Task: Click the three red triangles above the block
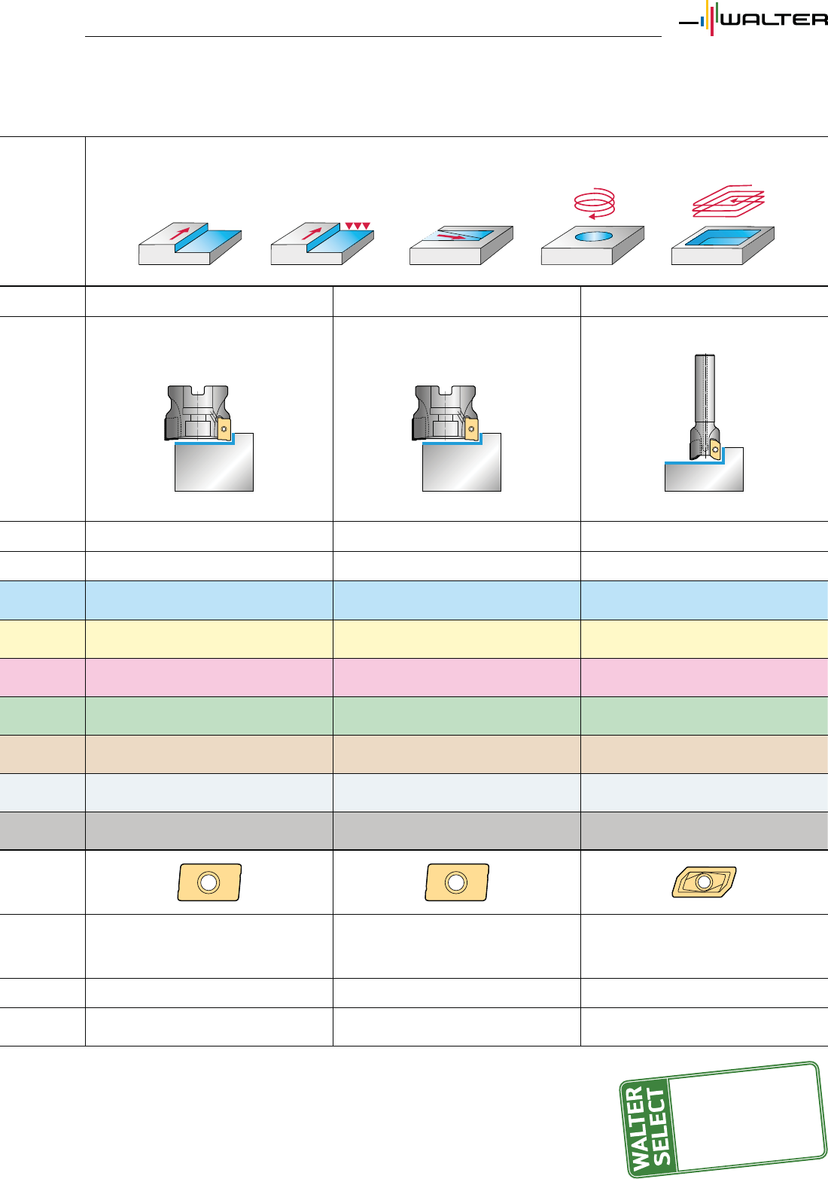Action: pos(358,226)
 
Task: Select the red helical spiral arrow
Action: pos(595,202)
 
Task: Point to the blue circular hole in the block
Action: pos(594,236)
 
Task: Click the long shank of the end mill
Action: pos(705,391)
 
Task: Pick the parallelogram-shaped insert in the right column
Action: pos(704,882)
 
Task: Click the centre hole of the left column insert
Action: pos(209,882)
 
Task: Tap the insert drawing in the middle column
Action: pos(457,882)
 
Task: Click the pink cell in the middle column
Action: pos(456,678)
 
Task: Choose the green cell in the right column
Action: pos(704,716)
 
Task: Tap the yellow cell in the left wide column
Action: pos(209,639)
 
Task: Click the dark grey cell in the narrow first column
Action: pos(42,831)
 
